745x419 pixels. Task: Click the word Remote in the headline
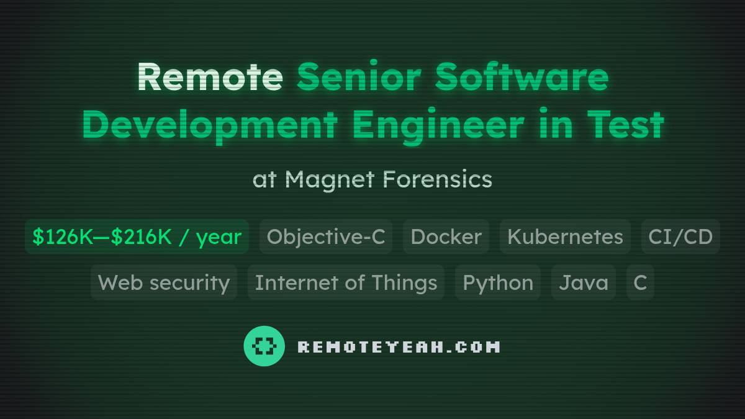[209, 77]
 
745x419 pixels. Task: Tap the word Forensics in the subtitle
[437, 179]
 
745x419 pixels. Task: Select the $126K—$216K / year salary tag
[137, 237]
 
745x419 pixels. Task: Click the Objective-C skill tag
[326, 237]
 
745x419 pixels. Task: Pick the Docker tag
[446, 237]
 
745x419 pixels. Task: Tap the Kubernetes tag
[565, 237]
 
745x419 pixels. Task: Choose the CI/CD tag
[680, 237]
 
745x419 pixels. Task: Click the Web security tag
[164, 282]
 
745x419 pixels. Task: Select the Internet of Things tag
[346, 282]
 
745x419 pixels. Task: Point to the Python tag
[498, 282]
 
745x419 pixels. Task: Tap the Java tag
[584, 282]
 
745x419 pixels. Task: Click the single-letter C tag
[640, 282]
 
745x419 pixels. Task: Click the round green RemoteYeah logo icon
[264, 346]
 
